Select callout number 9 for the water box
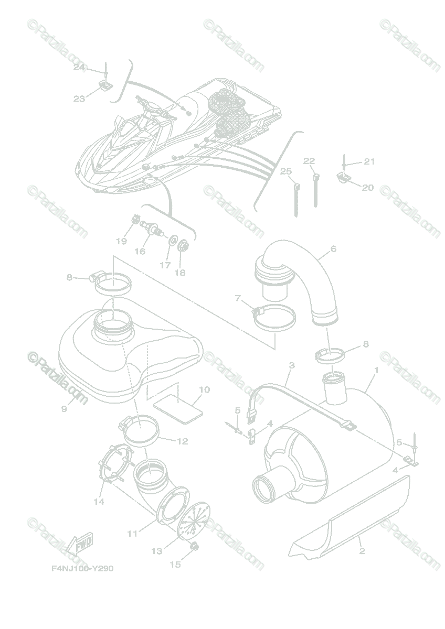pyautogui.click(x=64, y=408)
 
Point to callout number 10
pyautogui.click(x=204, y=389)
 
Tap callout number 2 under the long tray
pyautogui.click(x=362, y=551)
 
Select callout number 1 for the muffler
pyautogui.click(x=376, y=370)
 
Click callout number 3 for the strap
pyautogui.click(x=292, y=365)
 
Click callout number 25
pyautogui.click(x=285, y=171)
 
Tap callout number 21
pyautogui.click(x=369, y=161)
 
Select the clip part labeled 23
pyautogui.click(x=105, y=84)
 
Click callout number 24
pyautogui.click(x=79, y=67)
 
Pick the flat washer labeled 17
pyautogui.click(x=172, y=242)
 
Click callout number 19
pyautogui.click(x=121, y=241)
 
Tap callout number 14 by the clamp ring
pyautogui.click(x=99, y=502)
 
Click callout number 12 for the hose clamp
pyautogui.click(x=182, y=441)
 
